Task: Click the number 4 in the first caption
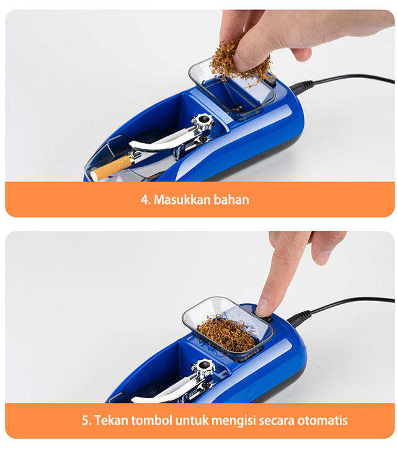145,200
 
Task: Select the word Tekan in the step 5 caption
111,421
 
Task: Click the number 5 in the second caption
86,421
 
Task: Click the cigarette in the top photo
112,168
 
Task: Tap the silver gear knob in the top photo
203,121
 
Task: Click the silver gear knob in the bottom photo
203,367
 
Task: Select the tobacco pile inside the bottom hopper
227,333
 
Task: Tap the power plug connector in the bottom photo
300,318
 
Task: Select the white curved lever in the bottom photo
163,390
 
